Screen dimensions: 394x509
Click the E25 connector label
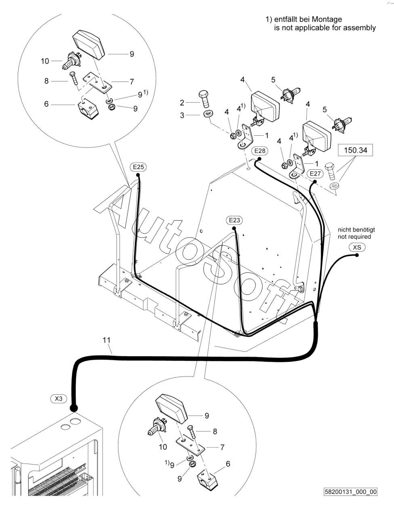(x=138, y=167)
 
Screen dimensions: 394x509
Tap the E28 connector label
(x=259, y=151)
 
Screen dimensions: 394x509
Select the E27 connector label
(x=315, y=174)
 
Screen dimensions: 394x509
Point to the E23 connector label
(x=234, y=220)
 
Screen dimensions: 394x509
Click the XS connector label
(x=357, y=247)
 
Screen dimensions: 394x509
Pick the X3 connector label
(x=59, y=399)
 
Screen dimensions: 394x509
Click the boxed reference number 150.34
(x=355, y=150)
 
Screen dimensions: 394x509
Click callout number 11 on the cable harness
(x=107, y=340)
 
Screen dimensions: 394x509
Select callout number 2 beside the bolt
(x=182, y=103)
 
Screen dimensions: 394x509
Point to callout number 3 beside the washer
(x=182, y=115)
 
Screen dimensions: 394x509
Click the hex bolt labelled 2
(x=204, y=99)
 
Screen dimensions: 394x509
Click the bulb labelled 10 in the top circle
(x=72, y=61)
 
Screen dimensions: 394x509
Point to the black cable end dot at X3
(x=74, y=408)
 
